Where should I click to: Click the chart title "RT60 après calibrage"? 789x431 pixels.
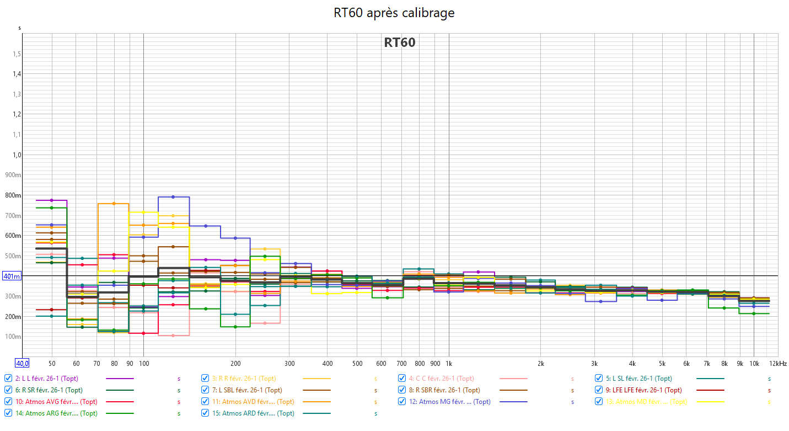click(x=394, y=13)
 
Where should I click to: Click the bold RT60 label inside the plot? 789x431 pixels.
click(x=400, y=42)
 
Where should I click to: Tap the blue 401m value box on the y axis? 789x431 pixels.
click(x=12, y=276)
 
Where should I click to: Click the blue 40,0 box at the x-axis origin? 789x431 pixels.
click(x=22, y=363)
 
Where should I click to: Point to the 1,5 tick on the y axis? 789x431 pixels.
click(x=17, y=54)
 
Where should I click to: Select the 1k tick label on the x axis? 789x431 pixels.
click(x=449, y=364)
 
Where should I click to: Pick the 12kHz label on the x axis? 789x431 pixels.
click(x=778, y=364)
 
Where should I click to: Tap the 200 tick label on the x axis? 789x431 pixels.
click(x=235, y=364)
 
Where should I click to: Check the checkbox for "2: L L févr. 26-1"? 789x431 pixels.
click(x=8, y=379)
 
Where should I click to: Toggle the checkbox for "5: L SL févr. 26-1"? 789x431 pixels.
click(x=599, y=379)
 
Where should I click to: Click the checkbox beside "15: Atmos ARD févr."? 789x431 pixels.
click(x=205, y=413)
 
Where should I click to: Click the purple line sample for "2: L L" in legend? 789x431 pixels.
click(x=120, y=379)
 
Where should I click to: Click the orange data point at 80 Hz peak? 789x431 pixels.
click(x=114, y=204)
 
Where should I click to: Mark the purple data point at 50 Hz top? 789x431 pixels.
click(x=51, y=200)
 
